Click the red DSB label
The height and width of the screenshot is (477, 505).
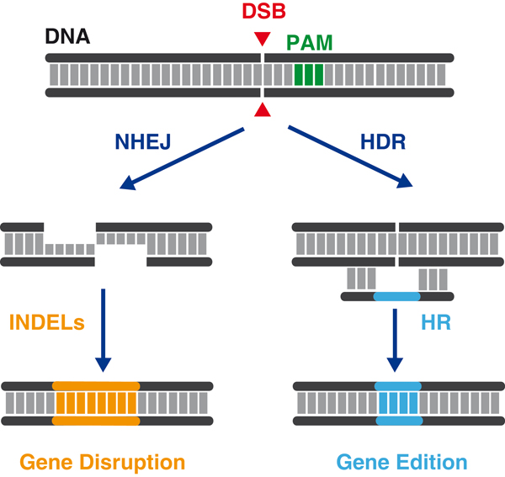tap(263, 11)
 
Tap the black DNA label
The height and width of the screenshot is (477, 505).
tap(67, 36)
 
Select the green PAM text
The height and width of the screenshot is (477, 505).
tap(309, 43)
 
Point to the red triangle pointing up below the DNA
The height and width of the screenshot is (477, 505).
tap(262, 109)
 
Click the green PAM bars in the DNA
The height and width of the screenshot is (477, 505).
tap(309, 75)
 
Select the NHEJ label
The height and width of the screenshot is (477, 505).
tap(143, 141)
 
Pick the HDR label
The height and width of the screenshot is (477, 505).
tap(383, 141)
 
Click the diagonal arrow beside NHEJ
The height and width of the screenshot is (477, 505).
tap(182, 159)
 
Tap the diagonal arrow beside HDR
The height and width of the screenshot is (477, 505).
tap(350, 156)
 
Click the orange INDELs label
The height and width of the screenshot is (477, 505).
tap(47, 322)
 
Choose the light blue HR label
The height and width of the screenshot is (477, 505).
tap(436, 322)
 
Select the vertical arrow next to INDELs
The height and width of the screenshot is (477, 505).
tap(103, 331)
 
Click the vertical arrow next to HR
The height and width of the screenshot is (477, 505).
tap(395, 340)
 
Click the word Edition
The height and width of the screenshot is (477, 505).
tap(432, 462)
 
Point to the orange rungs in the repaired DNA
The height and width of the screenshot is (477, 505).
tap(96, 403)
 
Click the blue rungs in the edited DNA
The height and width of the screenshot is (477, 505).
tap(399, 403)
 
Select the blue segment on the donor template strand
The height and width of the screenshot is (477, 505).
tap(396, 296)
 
